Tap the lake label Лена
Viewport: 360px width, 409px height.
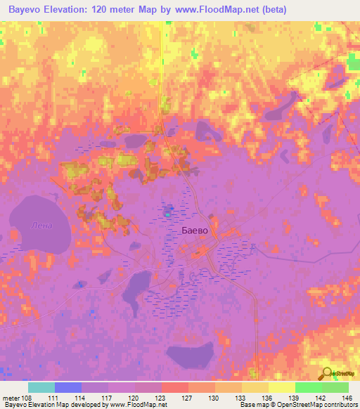pyautogui.click(x=41, y=225)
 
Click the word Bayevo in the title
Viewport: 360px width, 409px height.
pyautogui.click(x=28, y=10)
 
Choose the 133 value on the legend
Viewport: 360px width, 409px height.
pyautogui.click(x=241, y=397)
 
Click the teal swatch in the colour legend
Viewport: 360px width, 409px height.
pyautogui.click(x=41, y=387)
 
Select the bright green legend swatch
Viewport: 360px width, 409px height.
pyautogui.click(x=308, y=387)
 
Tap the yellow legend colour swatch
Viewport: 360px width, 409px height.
pyautogui.click(x=281, y=387)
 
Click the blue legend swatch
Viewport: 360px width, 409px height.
pyautogui.click(x=68, y=387)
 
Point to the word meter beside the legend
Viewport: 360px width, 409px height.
pyautogui.click(x=11, y=397)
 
